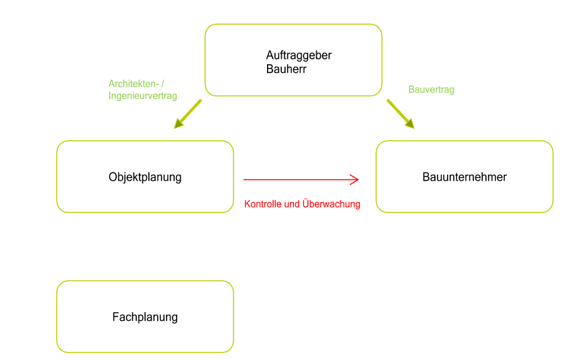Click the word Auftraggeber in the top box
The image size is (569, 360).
(299, 55)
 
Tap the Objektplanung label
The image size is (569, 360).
(145, 177)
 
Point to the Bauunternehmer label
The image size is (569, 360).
(465, 177)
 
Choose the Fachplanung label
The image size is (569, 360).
(145, 317)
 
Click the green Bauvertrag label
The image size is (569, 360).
(431, 90)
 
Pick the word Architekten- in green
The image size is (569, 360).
(132, 84)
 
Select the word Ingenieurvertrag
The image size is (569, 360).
(143, 96)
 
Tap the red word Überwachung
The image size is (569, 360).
(332, 204)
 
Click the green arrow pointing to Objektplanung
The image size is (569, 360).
(189, 113)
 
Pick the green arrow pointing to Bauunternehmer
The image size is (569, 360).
(399, 113)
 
